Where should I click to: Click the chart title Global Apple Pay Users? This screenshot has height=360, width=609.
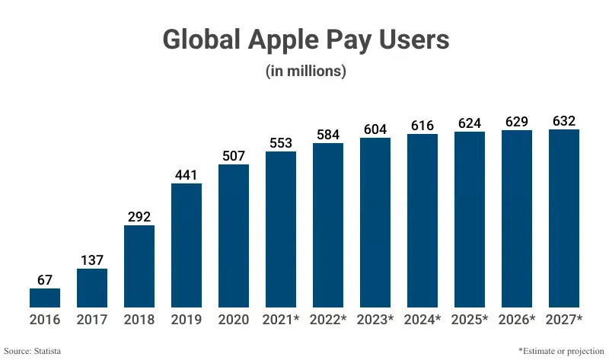click(305, 40)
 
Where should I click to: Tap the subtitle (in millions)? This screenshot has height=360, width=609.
click(305, 71)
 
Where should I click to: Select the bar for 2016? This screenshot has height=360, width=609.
click(45, 298)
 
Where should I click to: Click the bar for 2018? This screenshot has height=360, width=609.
click(139, 266)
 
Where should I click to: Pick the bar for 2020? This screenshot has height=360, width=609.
click(234, 236)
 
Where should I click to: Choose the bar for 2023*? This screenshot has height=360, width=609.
click(375, 222)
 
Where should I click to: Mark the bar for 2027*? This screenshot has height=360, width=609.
click(564, 218)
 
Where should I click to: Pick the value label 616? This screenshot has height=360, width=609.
click(422, 124)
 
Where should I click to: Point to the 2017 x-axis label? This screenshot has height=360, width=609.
click(92, 320)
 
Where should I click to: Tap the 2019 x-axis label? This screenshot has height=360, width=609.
click(187, 320)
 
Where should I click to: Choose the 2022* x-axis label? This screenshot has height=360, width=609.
click(328, 320)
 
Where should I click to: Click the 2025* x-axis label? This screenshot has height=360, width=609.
click(470, 320)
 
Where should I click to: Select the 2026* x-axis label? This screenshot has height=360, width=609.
click(517, 320)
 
